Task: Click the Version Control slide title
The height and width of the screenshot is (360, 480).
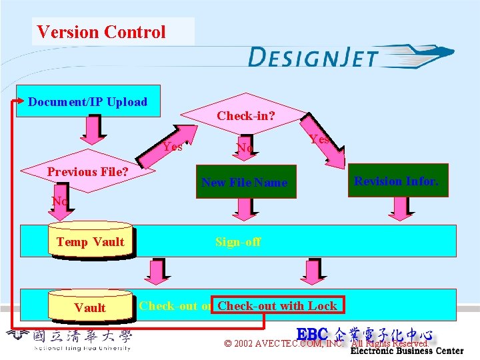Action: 101,32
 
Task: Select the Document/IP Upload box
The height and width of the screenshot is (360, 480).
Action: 88,101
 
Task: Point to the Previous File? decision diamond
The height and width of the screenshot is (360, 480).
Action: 88,172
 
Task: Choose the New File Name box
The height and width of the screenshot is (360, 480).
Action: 244,183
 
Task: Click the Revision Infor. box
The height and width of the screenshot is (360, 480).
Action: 396,181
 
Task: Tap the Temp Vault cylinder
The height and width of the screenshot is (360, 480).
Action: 90,241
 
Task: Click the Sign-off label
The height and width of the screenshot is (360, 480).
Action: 238,242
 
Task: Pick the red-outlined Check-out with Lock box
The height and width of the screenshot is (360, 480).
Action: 277,306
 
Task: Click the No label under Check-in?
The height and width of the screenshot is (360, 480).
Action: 245,147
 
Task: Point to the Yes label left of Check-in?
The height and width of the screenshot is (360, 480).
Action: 173,147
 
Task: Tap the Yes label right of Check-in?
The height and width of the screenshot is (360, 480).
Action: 319,139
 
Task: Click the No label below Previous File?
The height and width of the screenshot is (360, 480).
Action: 59,201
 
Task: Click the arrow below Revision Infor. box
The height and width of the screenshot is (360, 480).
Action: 399,209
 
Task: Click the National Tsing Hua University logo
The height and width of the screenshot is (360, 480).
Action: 70,340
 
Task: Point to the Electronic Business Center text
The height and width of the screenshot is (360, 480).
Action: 407,351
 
